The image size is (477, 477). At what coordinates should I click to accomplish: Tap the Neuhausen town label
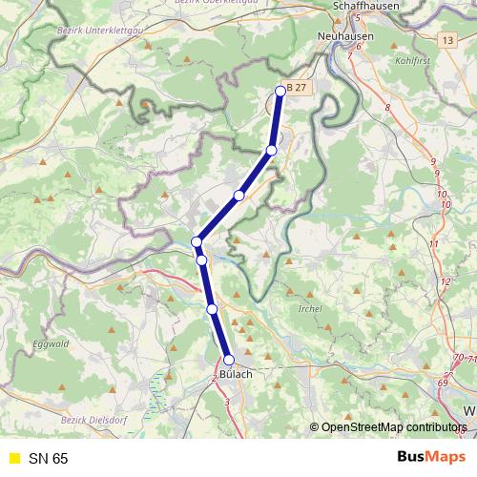coord(346,35)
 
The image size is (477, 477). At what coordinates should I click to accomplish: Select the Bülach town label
coord(236,375)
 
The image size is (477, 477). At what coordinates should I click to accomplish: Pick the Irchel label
coord(310,309)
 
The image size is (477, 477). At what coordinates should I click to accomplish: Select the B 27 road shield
coord(299,88)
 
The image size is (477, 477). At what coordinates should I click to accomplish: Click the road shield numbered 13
coord(448,40)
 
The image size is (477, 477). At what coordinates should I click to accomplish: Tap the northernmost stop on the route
coord(280,91)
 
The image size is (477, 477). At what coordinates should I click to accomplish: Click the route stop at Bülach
coord(229,360)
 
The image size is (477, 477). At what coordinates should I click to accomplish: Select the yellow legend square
coord(13,458)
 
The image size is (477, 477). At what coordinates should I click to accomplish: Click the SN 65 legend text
coord(48,458)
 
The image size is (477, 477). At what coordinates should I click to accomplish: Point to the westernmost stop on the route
coord(197,241)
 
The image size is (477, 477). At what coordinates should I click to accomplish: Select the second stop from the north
coord(272,151)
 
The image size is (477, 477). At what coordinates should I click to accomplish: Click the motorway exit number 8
coord(387,108)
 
